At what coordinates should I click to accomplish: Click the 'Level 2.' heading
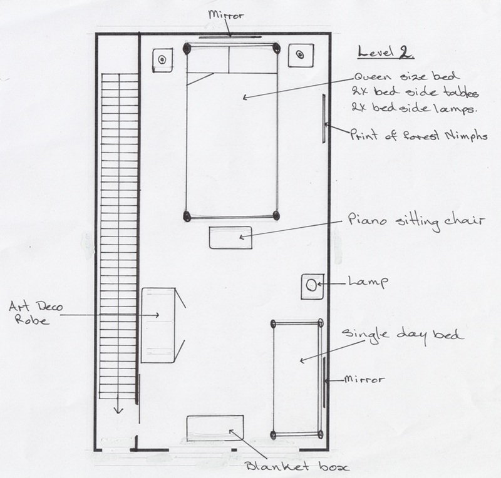pyautogui.click(x=386, y=52)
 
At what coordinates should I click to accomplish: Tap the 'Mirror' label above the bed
pyautogui.click(x=225, y=14)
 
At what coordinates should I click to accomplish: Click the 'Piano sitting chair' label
pyautogui.click(x=416, y=221)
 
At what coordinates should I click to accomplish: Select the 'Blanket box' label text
pyautogui.click(x=297, y=467)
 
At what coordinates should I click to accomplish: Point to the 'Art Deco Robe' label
pyautogui.click(x=36, y=313)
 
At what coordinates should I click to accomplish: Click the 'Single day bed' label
pyautogui.click(x=402, y=335)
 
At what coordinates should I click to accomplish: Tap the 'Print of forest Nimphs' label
pyautogui.click(x=418, y=135)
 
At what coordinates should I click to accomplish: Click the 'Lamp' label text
pyautogui.click(x=368, y=282)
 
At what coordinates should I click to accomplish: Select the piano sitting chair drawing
pyautogui.click(x=230, y=238)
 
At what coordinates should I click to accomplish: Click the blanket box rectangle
pyautogui.click(x=215, y=428)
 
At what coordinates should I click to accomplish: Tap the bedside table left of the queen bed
pyautogui.click(x=163, y=60)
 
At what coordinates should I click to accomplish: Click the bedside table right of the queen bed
pyautogui.click(x=301, y=55)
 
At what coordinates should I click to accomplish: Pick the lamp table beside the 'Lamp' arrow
pyautogui.click(x=312, y=287)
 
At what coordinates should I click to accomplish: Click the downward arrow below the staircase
pyautogui.click(x=118, y=404)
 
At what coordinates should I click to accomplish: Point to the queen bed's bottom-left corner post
pyautogui.click(x=187, y=216)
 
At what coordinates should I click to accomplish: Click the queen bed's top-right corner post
pyautogui.click(x=276, y=48)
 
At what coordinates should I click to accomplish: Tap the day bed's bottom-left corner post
pyautogui.click(x=273, y=435)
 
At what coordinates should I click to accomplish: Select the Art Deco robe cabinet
pyautogui.click(x=158, y=325)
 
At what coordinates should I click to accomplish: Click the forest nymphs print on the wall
pyautogui.click(x=324, y=118)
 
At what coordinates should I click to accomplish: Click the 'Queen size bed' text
pyautogui.click(x=406, y=76)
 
